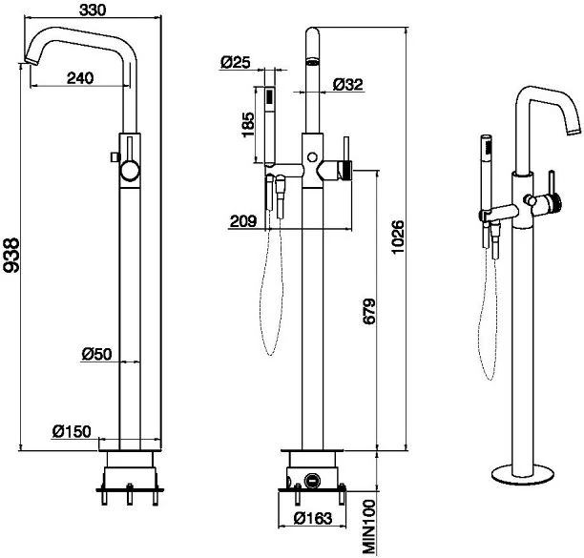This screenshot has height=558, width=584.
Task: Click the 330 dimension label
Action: [x=93, y=10]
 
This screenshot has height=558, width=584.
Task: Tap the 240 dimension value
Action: [x=80, y=78]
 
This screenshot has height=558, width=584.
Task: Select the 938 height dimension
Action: [x=11, y=255]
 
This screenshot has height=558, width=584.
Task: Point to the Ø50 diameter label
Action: [x=96, y=354]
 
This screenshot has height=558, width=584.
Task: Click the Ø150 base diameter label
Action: [x=72, y=431]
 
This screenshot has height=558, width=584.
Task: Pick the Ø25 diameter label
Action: [x=236, y=62]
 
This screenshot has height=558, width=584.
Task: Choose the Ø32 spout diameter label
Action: [x=348, y=84]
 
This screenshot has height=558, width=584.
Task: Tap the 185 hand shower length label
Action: [x=248, y=125]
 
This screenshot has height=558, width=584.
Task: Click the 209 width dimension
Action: [x=243, y=221]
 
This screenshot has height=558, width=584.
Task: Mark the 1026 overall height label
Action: [x=398, y=238]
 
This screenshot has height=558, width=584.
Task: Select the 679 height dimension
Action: [x=369, y=311]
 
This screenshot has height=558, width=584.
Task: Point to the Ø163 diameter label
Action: [x=312, y=518]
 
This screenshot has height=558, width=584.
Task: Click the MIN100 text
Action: [x=368, y=526]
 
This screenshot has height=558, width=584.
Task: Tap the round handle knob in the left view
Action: [x=130, y=171]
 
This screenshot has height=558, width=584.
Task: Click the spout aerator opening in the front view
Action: [x=312, y=61]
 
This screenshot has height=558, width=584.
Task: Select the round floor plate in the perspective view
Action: [x=522, y=475]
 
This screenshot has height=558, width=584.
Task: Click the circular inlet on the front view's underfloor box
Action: [x=311, y=480]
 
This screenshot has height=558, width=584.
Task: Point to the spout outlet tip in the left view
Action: [x=31, y=61]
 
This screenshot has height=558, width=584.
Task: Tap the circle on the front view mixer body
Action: [x=312, y=156]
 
